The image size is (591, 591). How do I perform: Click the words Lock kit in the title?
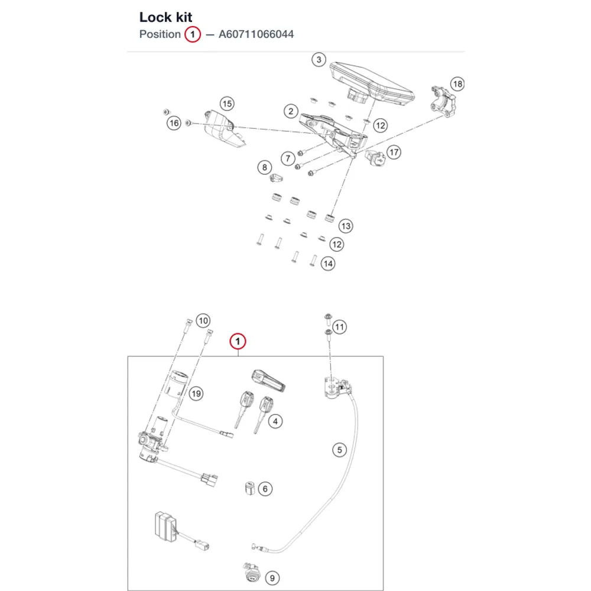(x=165, y=17)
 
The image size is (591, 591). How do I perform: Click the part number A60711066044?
(x=256, y=34)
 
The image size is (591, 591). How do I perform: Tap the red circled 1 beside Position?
(x=193, y=34)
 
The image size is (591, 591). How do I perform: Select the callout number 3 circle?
(x=319, y=60)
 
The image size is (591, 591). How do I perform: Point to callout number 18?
(x=457, y=84)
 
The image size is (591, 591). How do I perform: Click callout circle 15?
(x=227, y=103)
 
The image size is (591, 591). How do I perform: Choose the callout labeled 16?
(x=174, y=123)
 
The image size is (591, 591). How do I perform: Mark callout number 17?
(x=394, y=152)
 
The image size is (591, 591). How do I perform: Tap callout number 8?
(x=265, y=167)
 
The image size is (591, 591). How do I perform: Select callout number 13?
(x=346, y=226)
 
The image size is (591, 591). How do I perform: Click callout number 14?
(x=328, y=264)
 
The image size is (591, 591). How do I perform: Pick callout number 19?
(x=196, y=394)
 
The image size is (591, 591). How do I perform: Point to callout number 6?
(x=265, y=489)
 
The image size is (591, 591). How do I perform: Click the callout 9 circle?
(x=272, y=578)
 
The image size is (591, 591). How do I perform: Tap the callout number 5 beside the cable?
(x=340, y=450)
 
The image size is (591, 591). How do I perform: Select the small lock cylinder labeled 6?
(x=249, y=488)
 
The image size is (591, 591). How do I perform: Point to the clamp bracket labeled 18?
(x=443, y=101)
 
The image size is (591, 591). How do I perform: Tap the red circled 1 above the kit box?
(x=238, y=342)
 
